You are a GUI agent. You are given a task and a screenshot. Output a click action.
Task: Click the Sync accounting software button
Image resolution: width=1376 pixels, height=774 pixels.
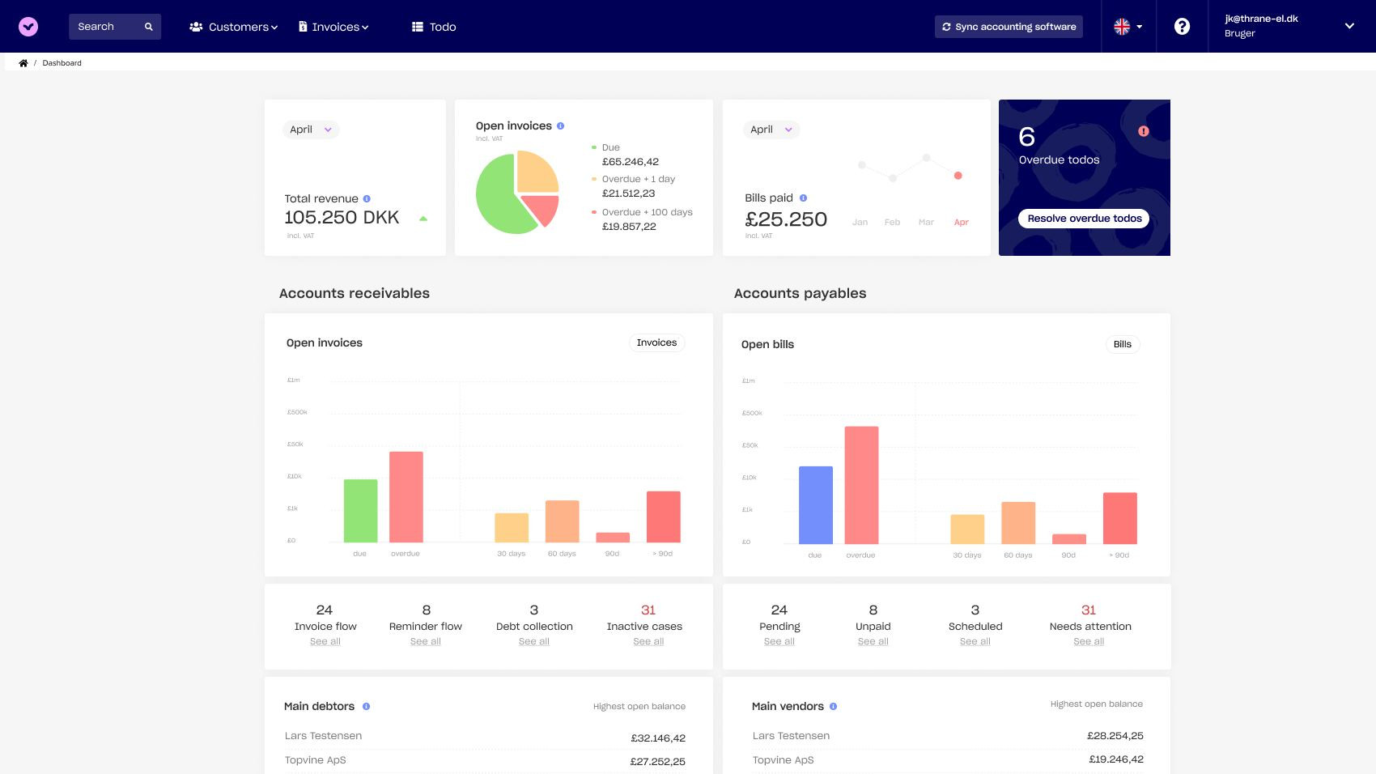[x=1009, y=27]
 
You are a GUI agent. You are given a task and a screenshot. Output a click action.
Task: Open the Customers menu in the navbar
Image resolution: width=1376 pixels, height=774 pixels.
[x=233, y=27]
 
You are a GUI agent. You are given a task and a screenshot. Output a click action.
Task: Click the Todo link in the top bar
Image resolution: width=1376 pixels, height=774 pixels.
[x=434, y=27]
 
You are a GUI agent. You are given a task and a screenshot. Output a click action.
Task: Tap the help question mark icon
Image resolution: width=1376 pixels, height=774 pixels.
[x=1182, y=27]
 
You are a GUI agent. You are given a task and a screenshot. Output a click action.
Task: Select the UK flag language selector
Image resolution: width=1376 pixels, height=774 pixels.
[x=1128, y=27]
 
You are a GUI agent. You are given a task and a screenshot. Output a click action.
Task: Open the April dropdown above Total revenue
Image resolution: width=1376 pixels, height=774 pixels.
[x=311, y=130]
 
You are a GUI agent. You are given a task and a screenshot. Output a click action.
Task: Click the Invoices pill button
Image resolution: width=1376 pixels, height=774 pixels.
[x=656, y=342]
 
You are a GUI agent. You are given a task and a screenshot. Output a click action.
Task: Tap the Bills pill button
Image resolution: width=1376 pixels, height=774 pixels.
[x=1122, y=344]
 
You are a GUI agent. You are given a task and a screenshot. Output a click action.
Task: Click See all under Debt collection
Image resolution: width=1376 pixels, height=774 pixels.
[x=534, y=641]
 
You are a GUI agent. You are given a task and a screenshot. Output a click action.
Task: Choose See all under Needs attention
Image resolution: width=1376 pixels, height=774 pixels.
[x=1089, y=641]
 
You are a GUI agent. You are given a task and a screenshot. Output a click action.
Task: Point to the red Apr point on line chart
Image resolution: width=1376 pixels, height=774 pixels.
[x=958, y=176]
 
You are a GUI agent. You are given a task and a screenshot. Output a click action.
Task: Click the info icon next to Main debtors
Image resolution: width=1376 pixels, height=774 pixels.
[x=366, y=707]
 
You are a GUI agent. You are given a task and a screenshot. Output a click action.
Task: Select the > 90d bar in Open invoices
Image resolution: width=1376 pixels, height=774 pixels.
[x=663, y=517]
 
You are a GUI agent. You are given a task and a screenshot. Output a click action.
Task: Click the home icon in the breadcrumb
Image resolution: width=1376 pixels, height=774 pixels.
[x=23, y=63]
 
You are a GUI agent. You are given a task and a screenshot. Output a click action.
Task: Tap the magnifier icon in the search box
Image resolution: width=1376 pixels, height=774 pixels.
[x=149, y=27]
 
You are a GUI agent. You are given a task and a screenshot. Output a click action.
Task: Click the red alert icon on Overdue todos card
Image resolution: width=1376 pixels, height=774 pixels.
[x=1143, y=131]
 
